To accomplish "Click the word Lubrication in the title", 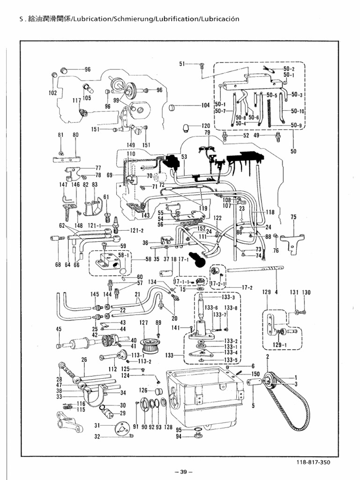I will tap(89, 19).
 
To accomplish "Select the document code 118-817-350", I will tap(313, 462).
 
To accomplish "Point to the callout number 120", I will tap(206, 126).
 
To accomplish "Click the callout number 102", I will tap(52, 93).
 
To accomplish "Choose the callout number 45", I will tap(59, 330).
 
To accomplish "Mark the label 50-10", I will tap(297, 111).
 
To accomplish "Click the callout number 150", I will tap(256, 374).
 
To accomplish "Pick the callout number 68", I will tap(58, 265).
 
